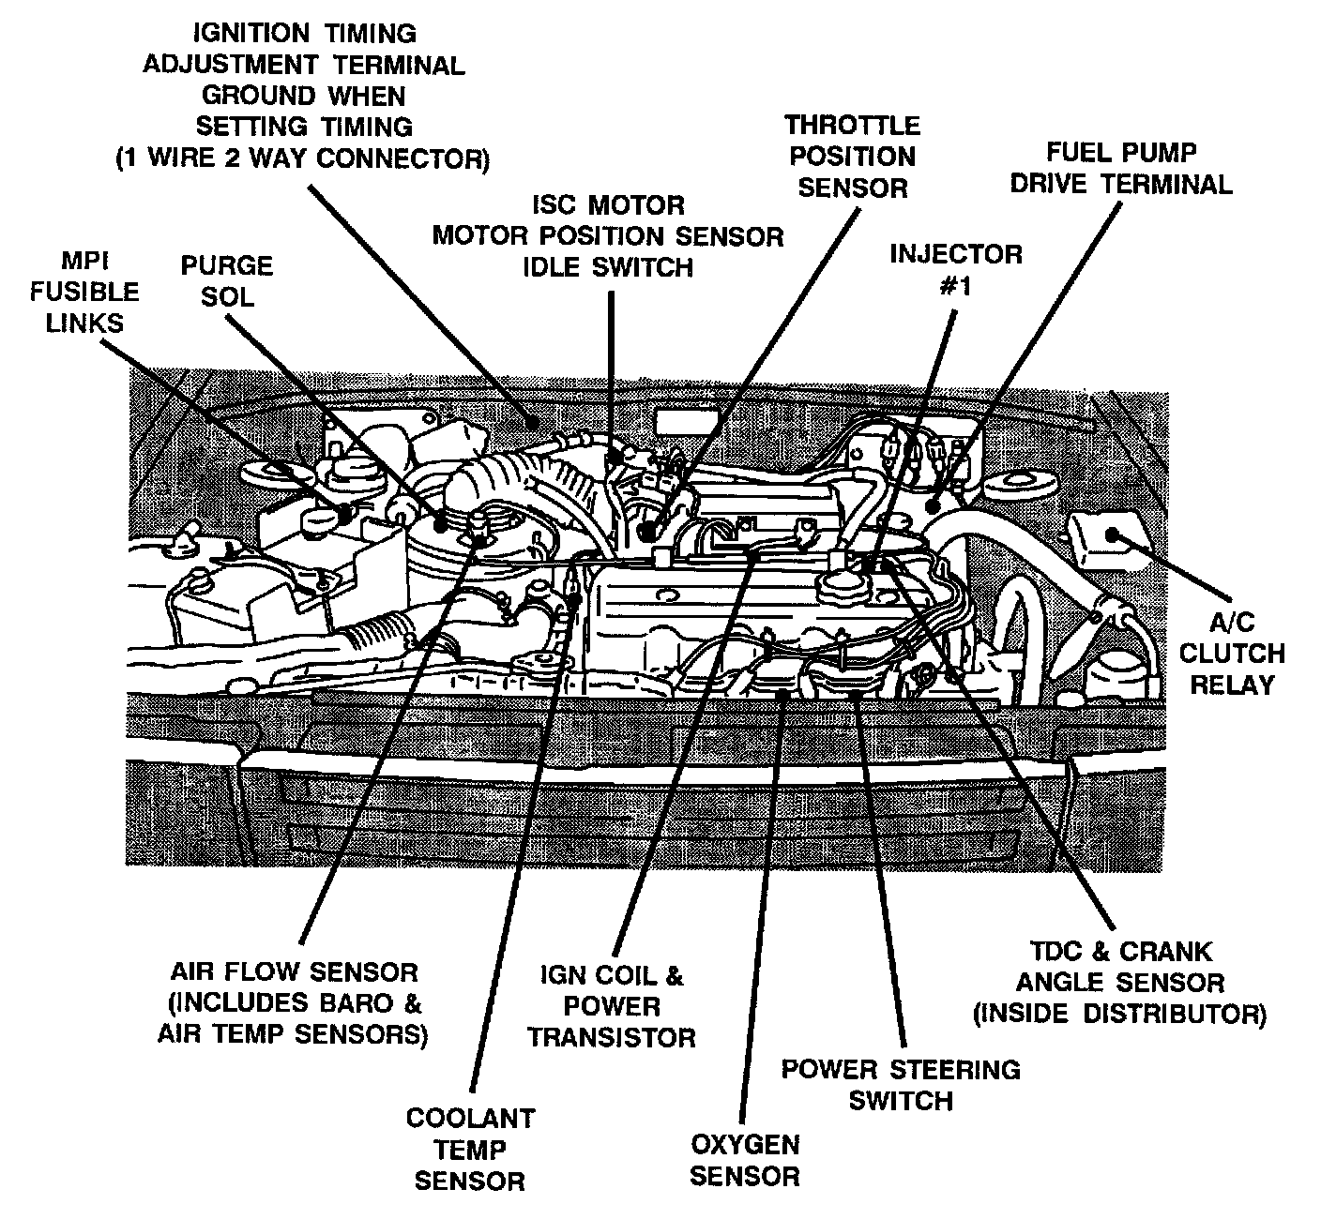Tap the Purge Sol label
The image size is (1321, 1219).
pos(227,280)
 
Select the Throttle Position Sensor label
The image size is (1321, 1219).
pos(852,157)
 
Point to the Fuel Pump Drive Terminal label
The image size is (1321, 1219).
pos(1120,168)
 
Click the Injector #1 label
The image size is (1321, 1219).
pos(955,269)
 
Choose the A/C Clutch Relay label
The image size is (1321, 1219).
pos(1232,654)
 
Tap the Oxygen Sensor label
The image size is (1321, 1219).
pos(745,1160)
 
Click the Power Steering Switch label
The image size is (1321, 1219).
pos(901,1084)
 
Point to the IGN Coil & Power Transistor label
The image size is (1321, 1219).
pos(612,1006)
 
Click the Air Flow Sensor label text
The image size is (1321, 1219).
pos(294,1002)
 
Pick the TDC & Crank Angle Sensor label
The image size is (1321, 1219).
pos(1119,982)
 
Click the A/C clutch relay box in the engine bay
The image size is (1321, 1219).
pos(1108,537)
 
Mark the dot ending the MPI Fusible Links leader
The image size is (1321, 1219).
pos(344,512)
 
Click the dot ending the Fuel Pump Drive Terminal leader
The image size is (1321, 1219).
pos(933,505)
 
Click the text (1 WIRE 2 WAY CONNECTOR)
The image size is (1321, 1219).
pos(302,158)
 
